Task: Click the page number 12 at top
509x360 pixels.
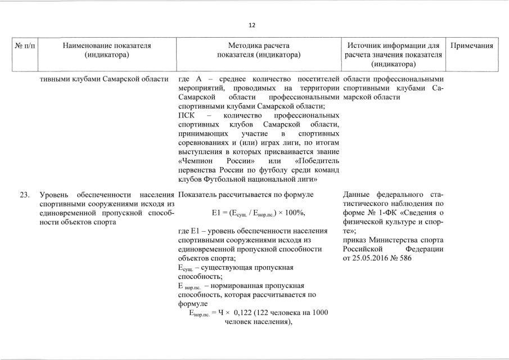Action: (252, 25)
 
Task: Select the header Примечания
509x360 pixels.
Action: (474, 46)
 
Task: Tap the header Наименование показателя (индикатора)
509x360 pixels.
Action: (106, 50)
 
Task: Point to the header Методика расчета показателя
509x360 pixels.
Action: (258, 50)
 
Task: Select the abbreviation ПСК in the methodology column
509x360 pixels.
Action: (186, 115)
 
